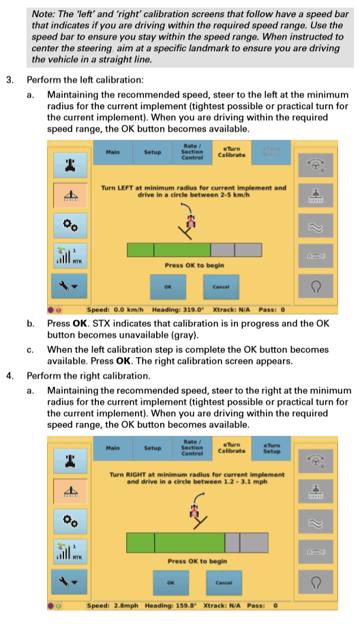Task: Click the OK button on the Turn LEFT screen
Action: coord(167,286)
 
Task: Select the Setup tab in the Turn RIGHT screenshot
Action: coord(152,447)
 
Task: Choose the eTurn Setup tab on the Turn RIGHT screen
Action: coord(271,447)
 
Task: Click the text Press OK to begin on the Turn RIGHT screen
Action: coord(197,561)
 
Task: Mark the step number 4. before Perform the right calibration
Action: coord(10,375)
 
